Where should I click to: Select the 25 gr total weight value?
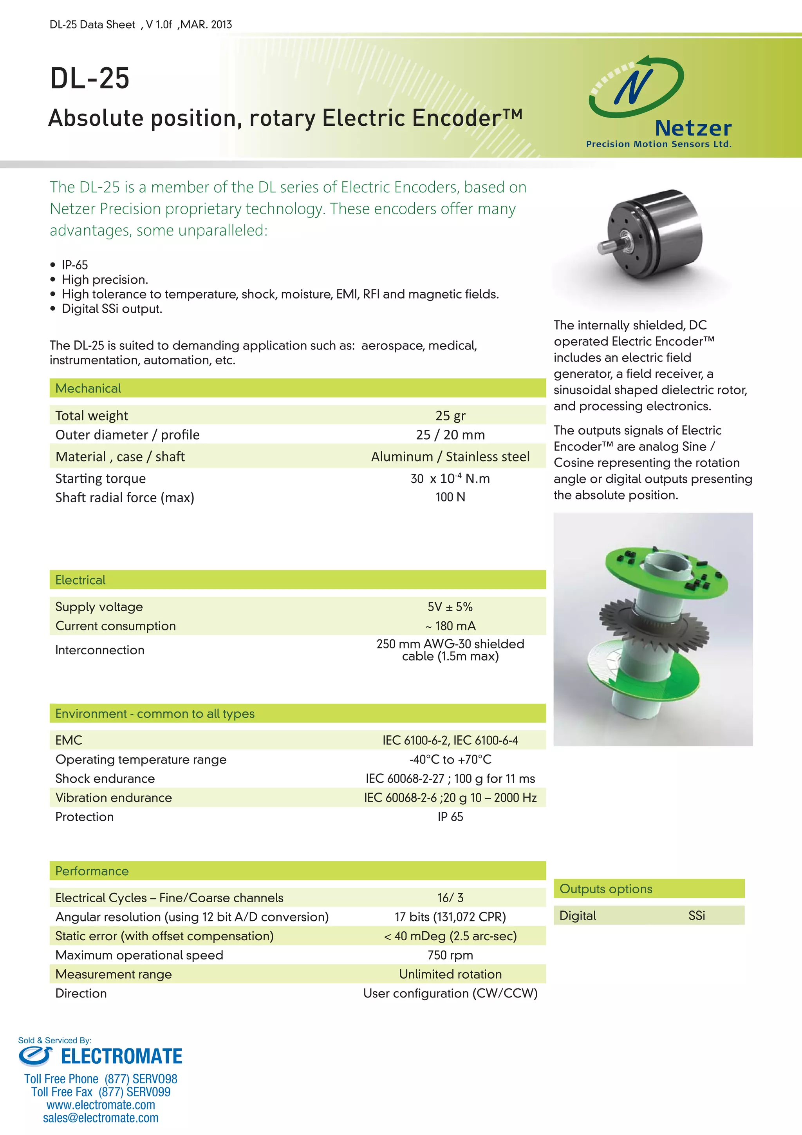[x=450, y=416]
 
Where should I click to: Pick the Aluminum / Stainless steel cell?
[x=450, y=457]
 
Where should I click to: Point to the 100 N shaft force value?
[x=450, y=497]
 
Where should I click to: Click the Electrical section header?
[x=81, y=580]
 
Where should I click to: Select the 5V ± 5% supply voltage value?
[x=450, y=606]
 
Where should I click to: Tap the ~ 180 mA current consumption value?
[x=450, y=626]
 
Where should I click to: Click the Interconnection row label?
[x=100, y=650]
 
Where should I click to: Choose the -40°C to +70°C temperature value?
[x=450, y=759]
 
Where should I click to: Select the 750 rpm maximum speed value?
[x=450, y=955]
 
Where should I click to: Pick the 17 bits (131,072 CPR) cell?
[x=450, y=917]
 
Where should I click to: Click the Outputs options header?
[x=606, y=889]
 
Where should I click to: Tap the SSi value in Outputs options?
[x=696, y=916]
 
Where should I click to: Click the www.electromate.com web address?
[x=101, y=1105]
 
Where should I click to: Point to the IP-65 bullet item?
[x=75, y=265]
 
